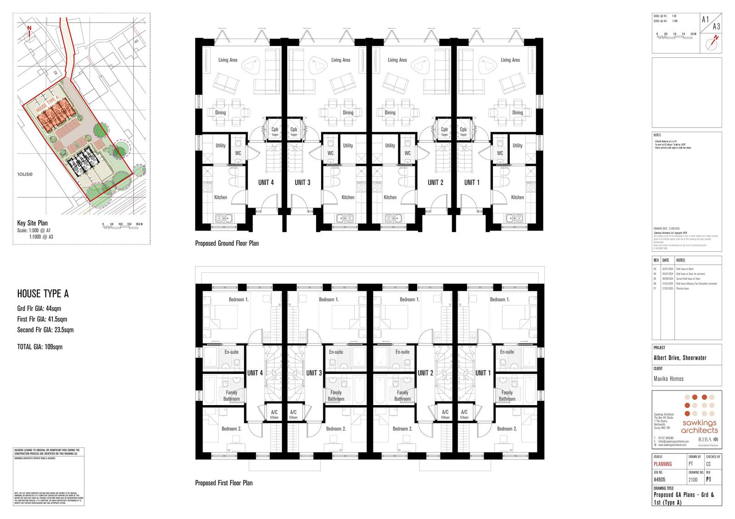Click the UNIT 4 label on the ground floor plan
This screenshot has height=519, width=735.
click(266, 182)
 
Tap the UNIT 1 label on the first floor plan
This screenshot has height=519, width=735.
click(483, 373)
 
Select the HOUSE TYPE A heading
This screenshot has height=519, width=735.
click(43, 294)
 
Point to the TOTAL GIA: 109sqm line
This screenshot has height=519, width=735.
click(40, 347)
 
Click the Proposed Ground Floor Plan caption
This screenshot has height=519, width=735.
click(226, 243)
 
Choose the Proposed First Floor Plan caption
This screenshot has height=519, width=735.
click(224, 483)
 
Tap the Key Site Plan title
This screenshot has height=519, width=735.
click(32, 223)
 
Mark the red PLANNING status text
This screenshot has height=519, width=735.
click(662, 464)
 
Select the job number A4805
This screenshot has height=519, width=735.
click(659, 480)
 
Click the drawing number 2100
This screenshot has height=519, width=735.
click(693, 480)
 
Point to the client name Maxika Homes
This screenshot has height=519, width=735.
click(668, 379)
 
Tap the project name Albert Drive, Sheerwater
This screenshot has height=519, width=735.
click(680, 358)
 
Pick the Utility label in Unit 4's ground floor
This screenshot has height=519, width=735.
click(220, 146)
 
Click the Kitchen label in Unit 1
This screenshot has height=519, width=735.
click(517, 197)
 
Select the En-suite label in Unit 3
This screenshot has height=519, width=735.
click(336, 352)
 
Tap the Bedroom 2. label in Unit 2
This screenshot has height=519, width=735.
click(402, 429)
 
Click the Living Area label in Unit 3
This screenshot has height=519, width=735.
click(340, 60)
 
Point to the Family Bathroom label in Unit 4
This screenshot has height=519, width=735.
click(232, 396)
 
